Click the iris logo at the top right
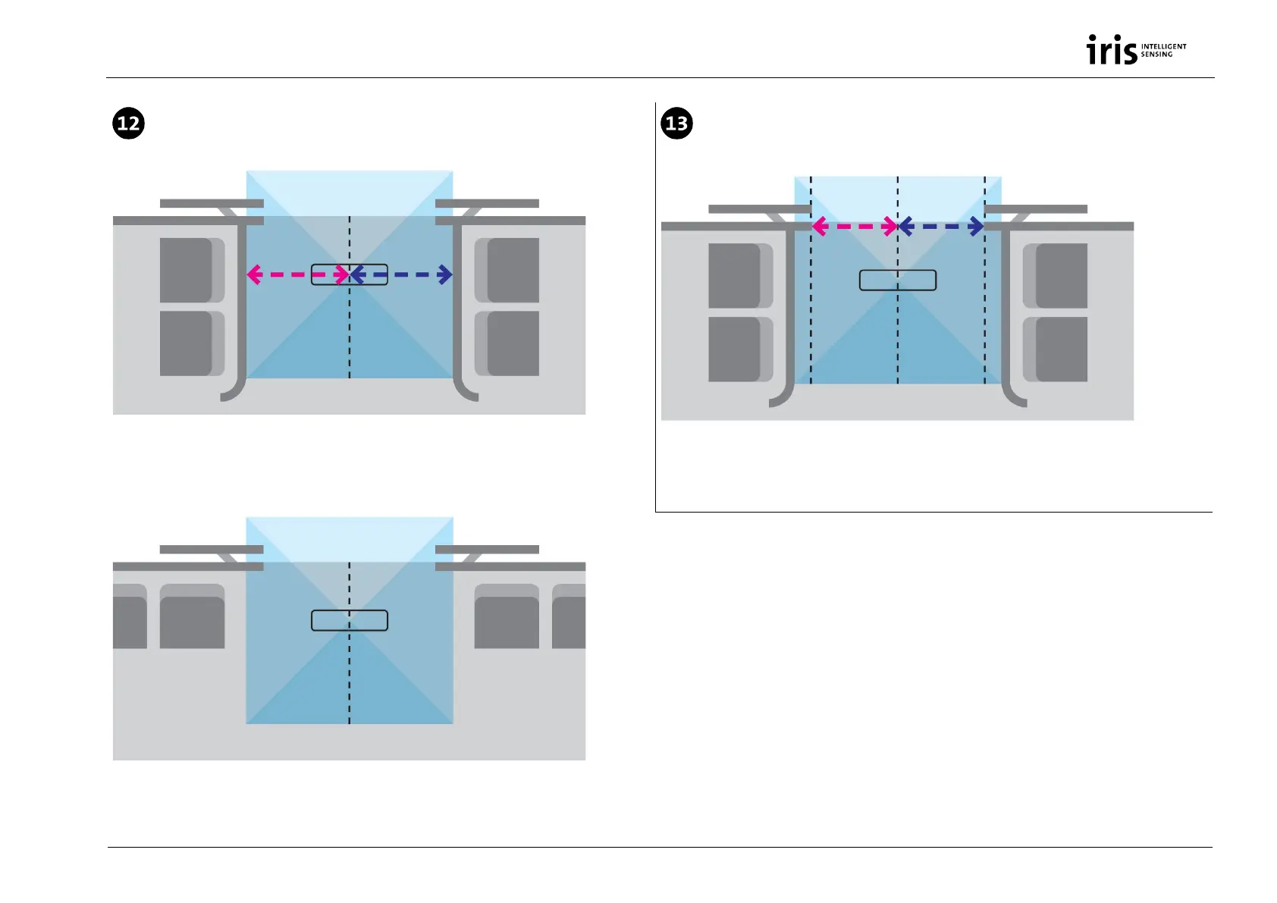click(1112, 50)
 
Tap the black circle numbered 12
click(129, 123)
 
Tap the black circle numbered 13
click(676, 123)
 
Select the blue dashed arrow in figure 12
click(402, 274)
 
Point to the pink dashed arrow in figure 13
click(855, 226)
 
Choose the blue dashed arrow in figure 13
click(941, 226)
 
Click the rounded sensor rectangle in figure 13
click(898, 281)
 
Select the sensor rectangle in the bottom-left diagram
click(350, 620)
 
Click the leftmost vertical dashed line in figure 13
click(811, 318)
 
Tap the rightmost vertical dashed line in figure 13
click(985, 318)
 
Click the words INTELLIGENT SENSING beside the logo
click(1163, 50)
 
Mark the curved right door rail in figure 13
click(1007, 326)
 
